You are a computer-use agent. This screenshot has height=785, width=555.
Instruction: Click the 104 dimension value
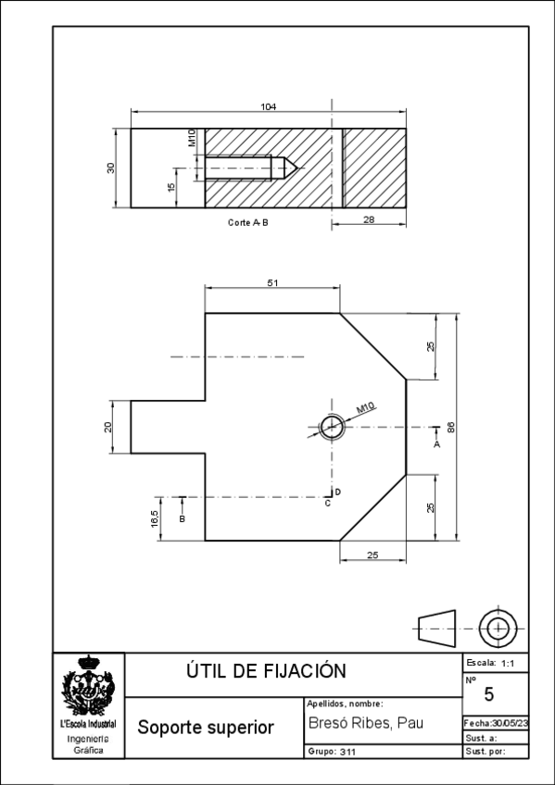(x=268, y=106)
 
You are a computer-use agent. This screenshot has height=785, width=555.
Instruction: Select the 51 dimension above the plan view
(x=272, y=283)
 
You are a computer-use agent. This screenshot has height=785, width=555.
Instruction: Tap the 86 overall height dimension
(x=451, y=427)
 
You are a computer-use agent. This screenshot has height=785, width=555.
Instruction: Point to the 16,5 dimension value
(x=155, y=518)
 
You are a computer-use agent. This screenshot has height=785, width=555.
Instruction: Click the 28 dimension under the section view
(x=369, y=219)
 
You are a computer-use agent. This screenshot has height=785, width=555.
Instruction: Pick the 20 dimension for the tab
(x=107, y=427)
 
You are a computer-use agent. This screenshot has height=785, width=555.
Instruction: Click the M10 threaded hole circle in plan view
(x=332, y=428)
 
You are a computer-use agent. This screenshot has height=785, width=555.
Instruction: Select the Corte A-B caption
(x=248, y=222)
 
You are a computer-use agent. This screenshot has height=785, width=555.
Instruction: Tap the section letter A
(x=436, y=444)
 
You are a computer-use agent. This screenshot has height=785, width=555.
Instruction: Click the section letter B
(x=183, y=519)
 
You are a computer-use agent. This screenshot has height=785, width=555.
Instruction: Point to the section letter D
(x=338, y=492)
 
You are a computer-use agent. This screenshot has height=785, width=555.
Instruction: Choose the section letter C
(x=328, y=504)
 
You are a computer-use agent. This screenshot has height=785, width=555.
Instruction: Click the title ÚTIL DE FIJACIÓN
(x=266, y=671)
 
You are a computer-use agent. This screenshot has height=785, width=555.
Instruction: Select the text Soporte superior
(x=206, y=728)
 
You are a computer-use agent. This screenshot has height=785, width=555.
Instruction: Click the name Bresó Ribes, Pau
(x=366, y=723)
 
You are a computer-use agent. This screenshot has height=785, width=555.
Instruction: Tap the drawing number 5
(x=489, y=694)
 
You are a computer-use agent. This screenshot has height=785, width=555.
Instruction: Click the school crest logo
(x=88, y=685)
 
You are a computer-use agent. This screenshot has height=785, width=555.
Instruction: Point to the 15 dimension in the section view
(x=171, y=187)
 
